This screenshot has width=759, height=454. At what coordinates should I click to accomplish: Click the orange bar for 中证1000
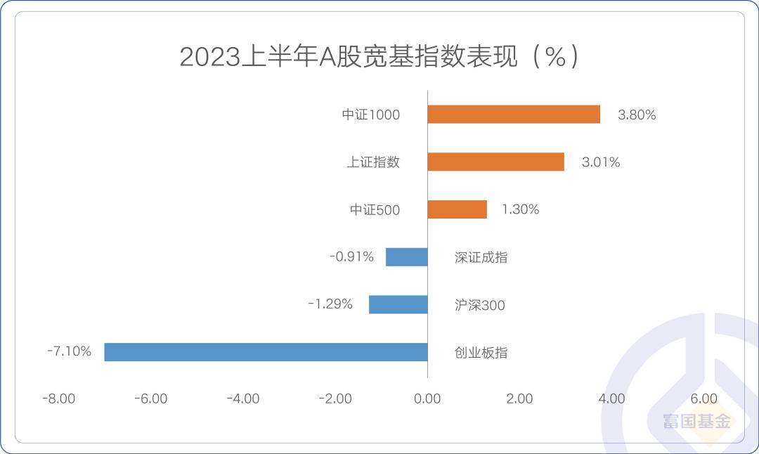(514, 115)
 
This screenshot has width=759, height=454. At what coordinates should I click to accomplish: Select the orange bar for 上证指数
(495, 162)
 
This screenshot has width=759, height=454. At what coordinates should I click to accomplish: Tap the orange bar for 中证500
(457, 209)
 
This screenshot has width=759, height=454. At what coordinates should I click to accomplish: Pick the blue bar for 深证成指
(407, 257)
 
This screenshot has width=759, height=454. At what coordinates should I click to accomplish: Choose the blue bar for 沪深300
(398, 304)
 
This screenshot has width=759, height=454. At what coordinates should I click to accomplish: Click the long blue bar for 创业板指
(266, 352)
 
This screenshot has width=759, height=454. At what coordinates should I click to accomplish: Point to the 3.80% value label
(637, 115)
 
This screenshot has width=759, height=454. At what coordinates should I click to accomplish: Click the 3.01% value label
(601, 162)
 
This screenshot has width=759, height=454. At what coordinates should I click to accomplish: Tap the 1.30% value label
(520, 209)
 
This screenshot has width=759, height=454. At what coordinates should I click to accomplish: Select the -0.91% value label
(351, 257)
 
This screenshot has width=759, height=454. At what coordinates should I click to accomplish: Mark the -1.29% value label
(330, 304)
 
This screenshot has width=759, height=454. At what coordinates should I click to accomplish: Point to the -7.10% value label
(69, 351)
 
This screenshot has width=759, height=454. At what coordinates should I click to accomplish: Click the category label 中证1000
(371, 115)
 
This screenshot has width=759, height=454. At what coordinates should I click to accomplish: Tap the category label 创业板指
(481, 353)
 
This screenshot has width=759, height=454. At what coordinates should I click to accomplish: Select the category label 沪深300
(480, 306)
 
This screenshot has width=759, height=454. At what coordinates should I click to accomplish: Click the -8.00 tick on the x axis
(58, 399)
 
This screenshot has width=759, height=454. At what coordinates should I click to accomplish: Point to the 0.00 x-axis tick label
(427, 399)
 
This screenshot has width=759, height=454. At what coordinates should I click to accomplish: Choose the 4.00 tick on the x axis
(611, 399)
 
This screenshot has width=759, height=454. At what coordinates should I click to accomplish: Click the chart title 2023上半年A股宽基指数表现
(379, 57)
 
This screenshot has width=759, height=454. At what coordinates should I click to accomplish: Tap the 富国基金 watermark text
(696, 422)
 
